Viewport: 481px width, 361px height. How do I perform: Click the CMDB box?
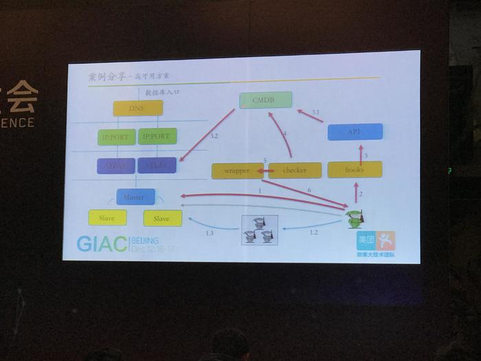pos(265,100)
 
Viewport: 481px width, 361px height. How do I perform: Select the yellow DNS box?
pos(137,108)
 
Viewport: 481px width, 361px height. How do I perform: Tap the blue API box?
pos(355,131)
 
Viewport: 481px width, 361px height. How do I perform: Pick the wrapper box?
pos(237,170)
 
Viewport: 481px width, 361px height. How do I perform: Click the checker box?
pos(294,170)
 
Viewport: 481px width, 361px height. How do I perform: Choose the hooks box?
pos(355,169)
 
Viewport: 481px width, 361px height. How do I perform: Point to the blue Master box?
pos(135,197)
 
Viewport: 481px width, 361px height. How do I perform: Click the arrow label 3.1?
pos(315,112)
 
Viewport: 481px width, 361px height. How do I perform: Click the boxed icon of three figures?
pos(260,230)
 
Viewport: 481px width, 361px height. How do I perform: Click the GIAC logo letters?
pos(102,244)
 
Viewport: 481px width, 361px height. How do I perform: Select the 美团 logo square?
pos(365,241)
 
